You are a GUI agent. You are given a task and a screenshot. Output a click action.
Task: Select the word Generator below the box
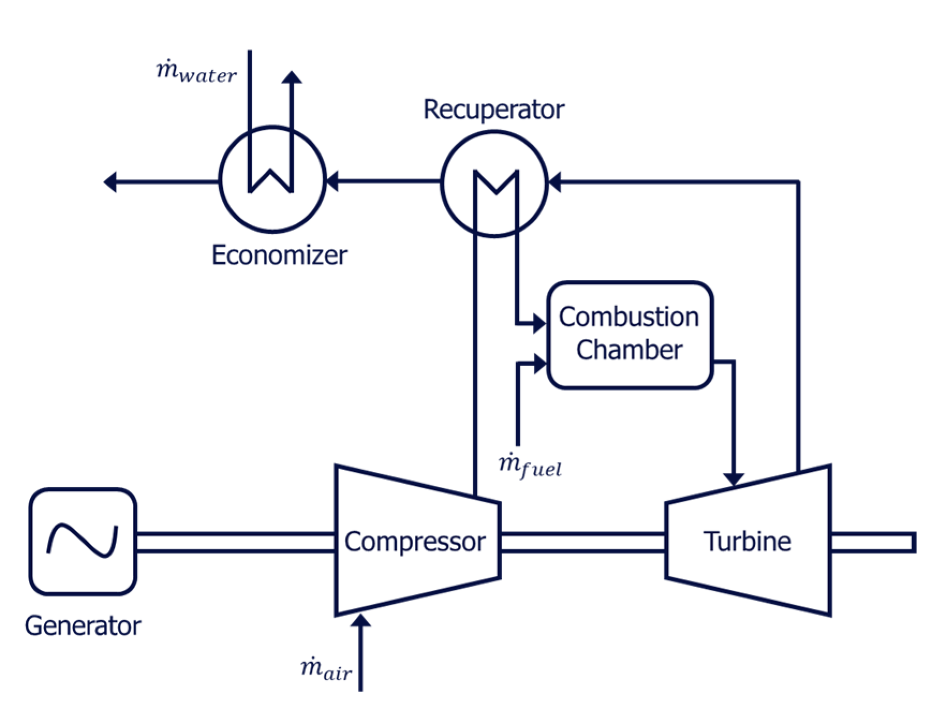83,626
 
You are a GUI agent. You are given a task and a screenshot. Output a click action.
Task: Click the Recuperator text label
494,109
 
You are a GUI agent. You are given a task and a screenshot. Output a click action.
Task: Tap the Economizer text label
279,255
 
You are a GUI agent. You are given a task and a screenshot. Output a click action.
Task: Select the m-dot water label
196,71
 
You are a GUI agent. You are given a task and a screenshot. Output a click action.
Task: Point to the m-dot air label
326,670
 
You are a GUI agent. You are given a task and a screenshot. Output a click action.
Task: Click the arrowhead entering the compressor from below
361,620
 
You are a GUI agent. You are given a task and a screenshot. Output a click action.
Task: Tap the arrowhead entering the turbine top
733,479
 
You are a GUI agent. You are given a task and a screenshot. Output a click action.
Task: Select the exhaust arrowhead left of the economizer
110,182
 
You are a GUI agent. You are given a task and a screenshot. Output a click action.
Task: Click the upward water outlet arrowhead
292,77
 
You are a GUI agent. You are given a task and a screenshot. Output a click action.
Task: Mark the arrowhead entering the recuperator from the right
555,182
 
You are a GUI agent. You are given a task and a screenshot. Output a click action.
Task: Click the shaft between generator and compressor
236,542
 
